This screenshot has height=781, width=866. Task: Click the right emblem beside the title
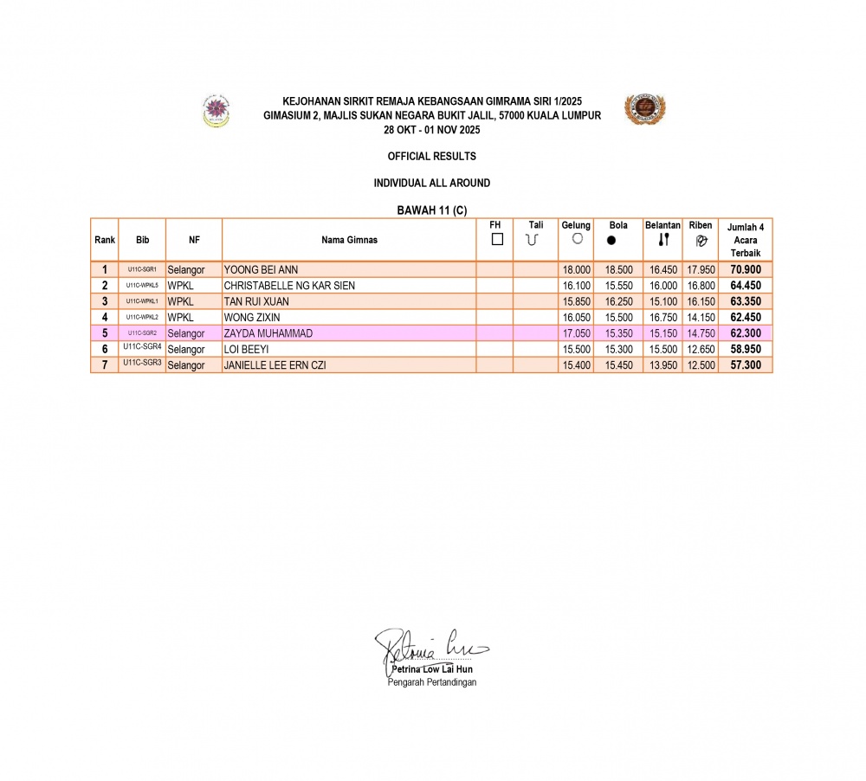pyautogui.click(x=644, y=110)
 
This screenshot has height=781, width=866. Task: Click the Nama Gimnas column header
pyautogui.click(x=349, y=240)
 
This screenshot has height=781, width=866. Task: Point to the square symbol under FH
pyautogui.click(x=497, y=240)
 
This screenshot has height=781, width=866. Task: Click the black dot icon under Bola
pyautogui.click(x=611, y=241)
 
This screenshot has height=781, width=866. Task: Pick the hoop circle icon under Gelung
pyautogui.click(x=577, y=239)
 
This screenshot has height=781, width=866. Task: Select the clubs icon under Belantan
pyautogui.click(x=663, y=240)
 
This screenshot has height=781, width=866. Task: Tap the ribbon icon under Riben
pyautogui.click(x=701, y=241)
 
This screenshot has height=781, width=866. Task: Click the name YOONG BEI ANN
pyautogui.click(x=261, y=270)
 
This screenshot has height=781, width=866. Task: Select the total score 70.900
pyautogui.click(x=746, y=270)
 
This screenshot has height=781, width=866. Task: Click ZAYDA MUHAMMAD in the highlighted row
pyautogui.click(x=268, y=333)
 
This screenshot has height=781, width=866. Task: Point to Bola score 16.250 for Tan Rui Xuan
pyautogui.click(x=618, y=301)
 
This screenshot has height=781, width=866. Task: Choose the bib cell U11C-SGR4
pyautogui.click(x=142, y=347)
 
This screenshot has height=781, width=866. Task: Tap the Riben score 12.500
pyautogui.click(x=701, y=365)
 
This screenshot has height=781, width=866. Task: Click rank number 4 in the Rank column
pyautogui.click(x=105, y=318)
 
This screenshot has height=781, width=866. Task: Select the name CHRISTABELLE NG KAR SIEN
pyautogui.click(x=289, y=286)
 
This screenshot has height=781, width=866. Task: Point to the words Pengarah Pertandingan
pyautogui.click(x=431, y=682)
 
